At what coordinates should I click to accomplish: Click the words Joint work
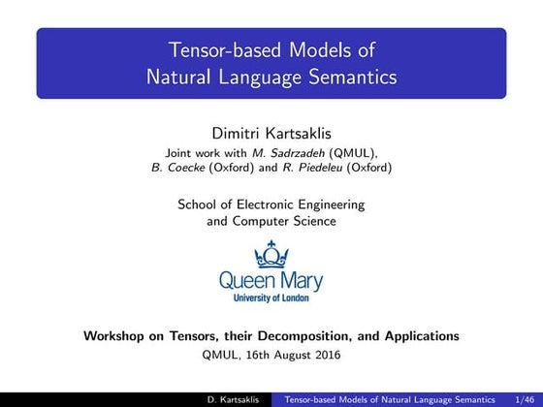(x=193, y=152)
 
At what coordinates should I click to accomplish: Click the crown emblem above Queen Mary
(x=271, y=254)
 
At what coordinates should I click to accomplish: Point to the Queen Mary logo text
(x=271, y=281)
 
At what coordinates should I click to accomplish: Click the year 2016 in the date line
(x=325, y=354)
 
